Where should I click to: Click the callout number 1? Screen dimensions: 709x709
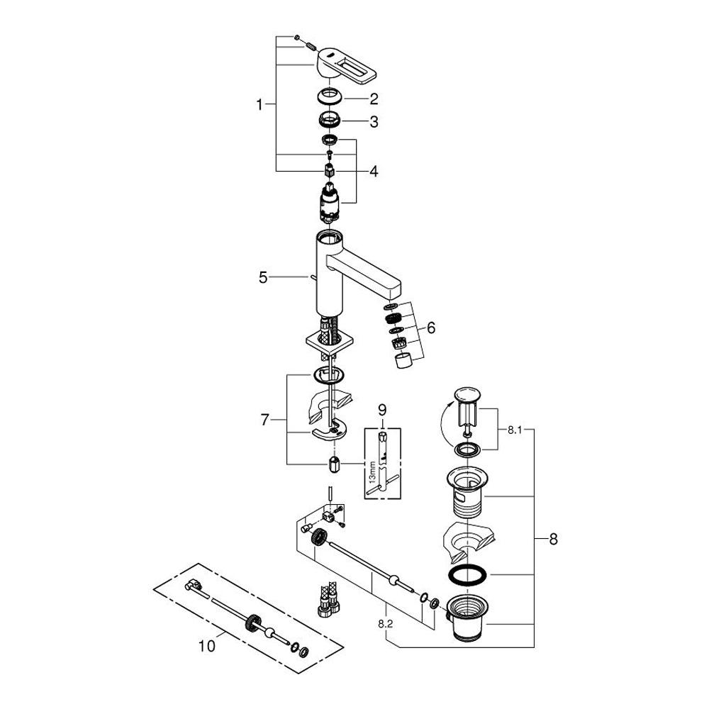tap(259, 105)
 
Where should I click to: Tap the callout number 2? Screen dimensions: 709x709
tap(374, 99)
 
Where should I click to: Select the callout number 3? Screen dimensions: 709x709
tap(374, 122)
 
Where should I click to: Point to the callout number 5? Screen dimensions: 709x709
tap(263, 277)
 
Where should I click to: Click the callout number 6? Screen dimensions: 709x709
tap(431, 328)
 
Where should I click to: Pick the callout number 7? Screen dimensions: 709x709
tap(264, 420)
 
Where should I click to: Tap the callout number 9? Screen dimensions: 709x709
tap(383, 410)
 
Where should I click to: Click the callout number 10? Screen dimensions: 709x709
tap(207, 646)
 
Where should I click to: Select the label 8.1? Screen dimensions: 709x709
tap(515, 430)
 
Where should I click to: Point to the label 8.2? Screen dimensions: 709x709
tap(385, 625)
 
